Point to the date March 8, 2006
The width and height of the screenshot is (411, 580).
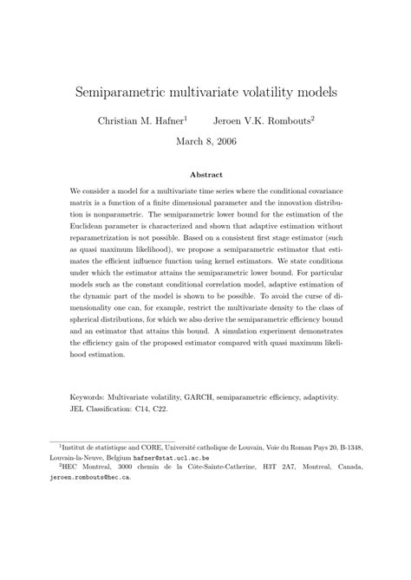(x=205, y=140)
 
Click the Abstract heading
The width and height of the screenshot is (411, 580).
(x=205, y=174)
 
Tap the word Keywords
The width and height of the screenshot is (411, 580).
(x=91, y=399)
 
